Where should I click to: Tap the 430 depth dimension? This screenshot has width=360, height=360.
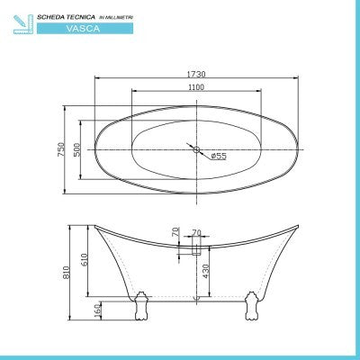[207, 272]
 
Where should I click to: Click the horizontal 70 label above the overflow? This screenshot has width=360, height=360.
[196, 231]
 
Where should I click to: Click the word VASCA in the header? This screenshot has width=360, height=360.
[78, 29]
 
